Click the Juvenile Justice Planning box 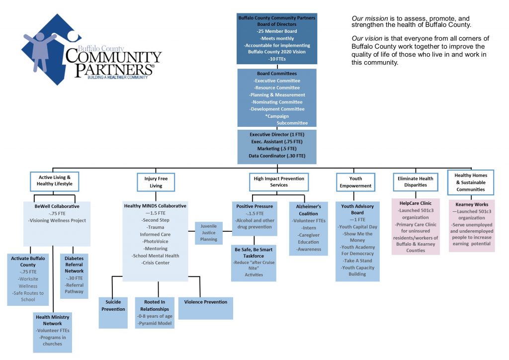[x=209, y=232]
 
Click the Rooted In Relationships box [x=155, y=312]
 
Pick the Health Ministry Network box [x=52, y=331]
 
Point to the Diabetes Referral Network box [x=74, y=275]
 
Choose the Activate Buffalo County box [x=28, y=278]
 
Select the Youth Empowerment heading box [x=355, y=182]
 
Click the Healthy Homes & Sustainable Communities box [x=470, y=182]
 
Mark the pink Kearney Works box [x=471, y=225]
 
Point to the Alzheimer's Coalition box [x=308, y=228]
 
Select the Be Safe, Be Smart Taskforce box [x=254, y=263]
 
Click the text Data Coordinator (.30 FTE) [x=277, y=156]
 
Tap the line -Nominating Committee [x=277, y=102]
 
